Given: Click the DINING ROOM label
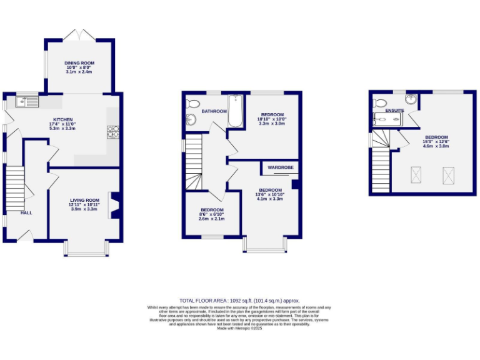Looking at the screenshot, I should (x=79, y=63).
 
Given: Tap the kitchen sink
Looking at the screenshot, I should (x=27, y=100).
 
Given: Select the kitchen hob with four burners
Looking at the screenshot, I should (x=114, y=132).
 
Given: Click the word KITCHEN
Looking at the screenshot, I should (x=62, y=119).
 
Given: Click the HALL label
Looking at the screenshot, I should (x=26, y=213).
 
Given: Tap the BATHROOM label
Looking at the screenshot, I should (x=214, y=111).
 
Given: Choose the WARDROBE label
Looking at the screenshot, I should (x=281, y=167).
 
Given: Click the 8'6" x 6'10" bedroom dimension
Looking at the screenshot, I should (x=211, y=214).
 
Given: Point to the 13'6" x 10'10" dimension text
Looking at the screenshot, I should (x=271, y=194).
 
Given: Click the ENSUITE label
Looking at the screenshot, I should (x=394, y=111).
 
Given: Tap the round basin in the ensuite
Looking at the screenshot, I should (x=411, y=99).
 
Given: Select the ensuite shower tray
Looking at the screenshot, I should (x=382, y=119).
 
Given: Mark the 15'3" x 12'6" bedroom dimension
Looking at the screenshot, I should (x=436, y=142).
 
